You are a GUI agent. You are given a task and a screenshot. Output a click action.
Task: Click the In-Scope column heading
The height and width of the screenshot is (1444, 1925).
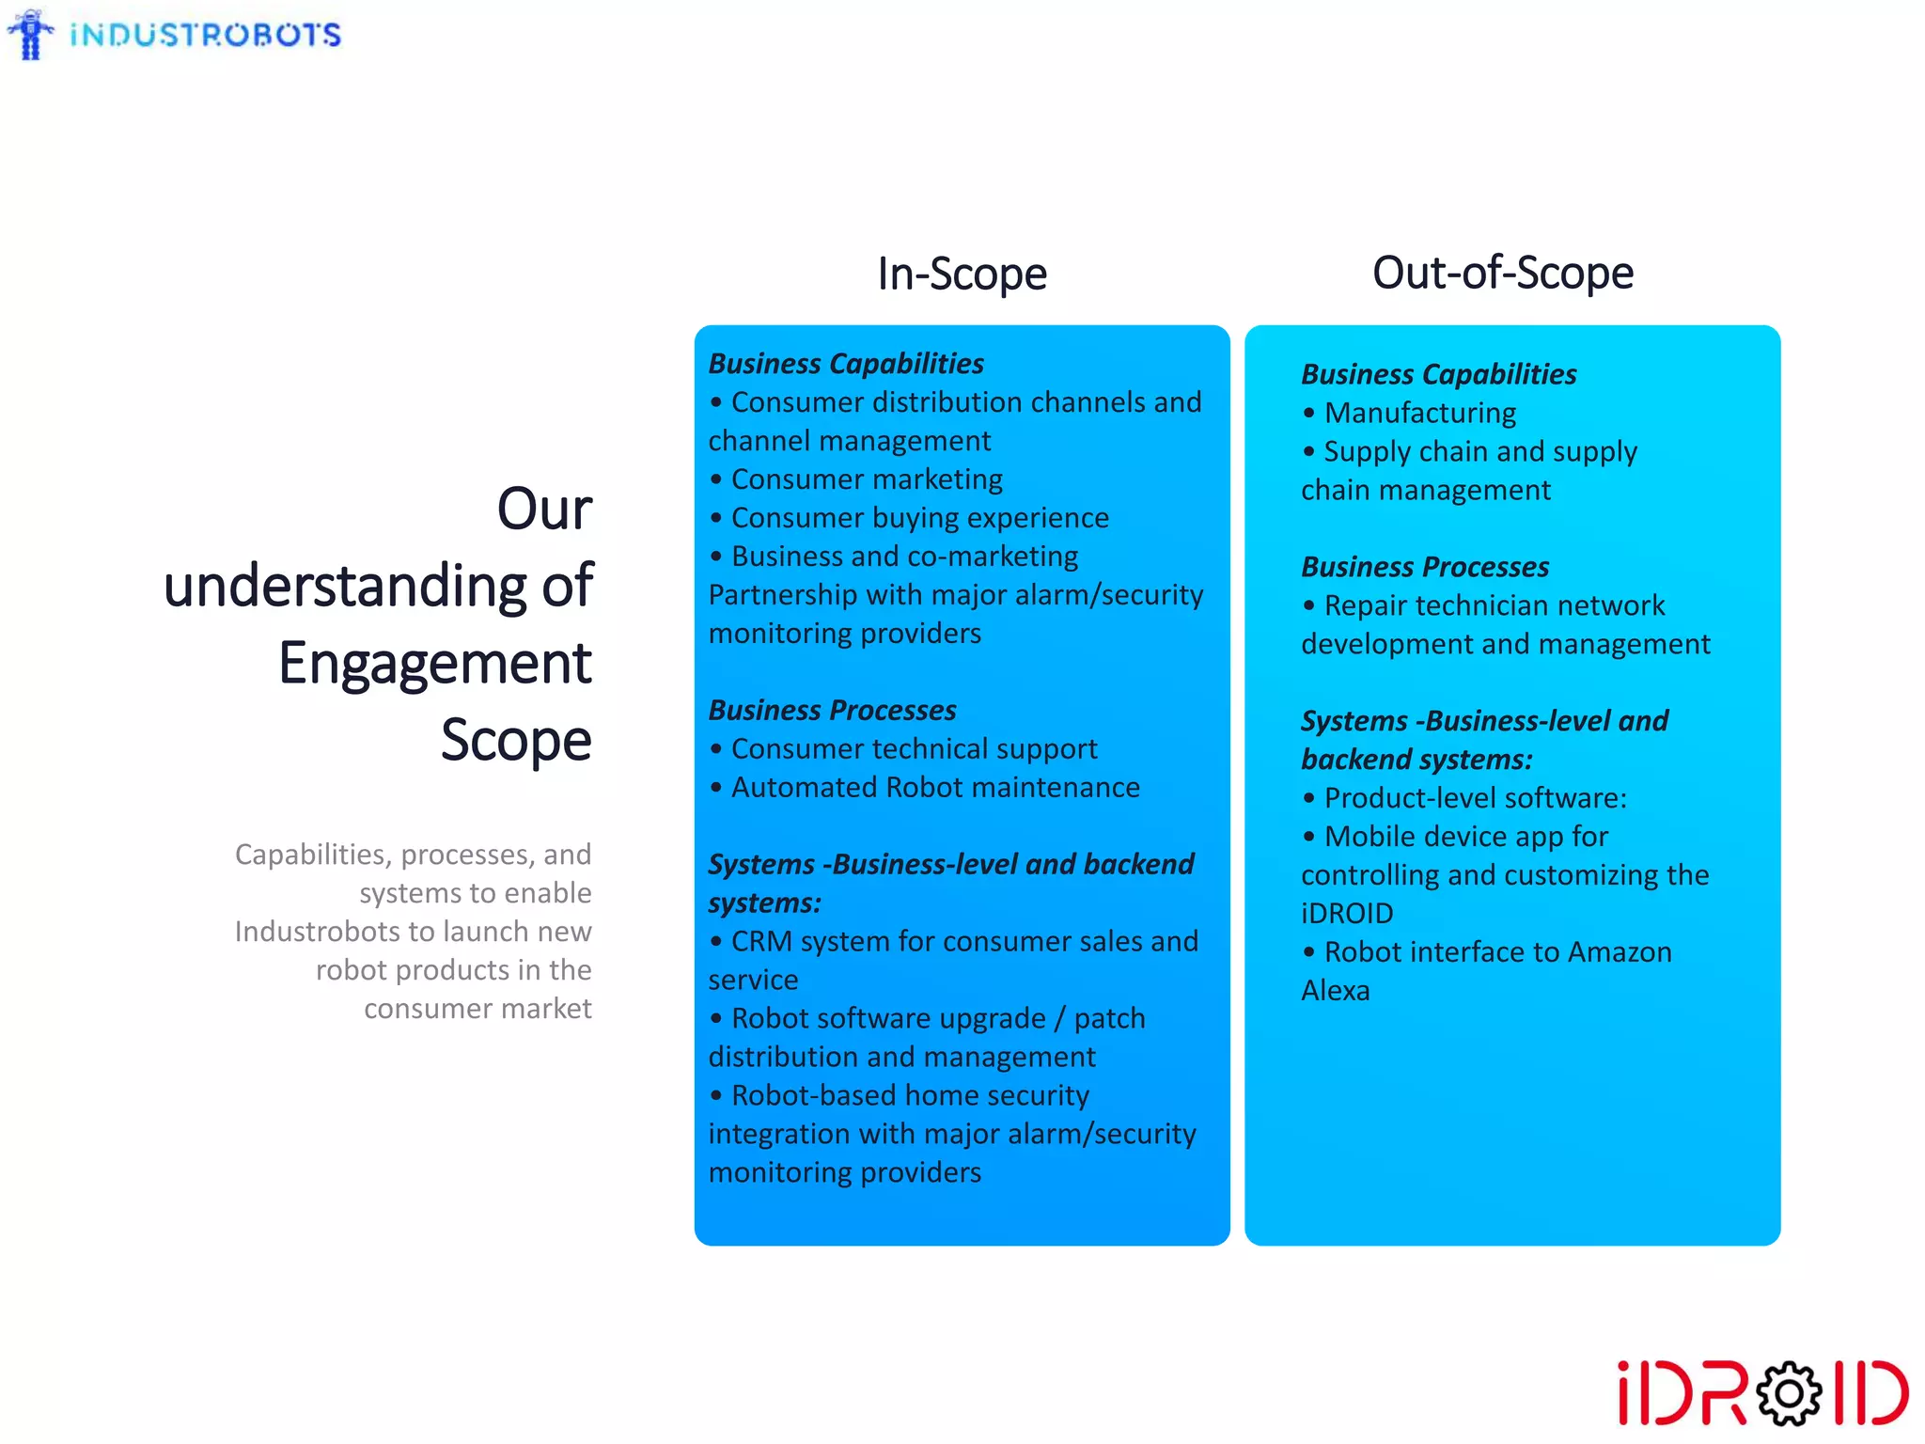(x=962, y=275)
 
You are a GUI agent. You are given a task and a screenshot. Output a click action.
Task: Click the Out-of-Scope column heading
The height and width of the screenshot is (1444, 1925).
(x=1502, y=274)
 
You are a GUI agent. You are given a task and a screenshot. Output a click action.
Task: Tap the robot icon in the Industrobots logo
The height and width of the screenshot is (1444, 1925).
(x=31, y=35)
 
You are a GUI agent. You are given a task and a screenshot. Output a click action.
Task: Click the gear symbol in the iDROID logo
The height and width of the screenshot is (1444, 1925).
(x=1788, y=1393)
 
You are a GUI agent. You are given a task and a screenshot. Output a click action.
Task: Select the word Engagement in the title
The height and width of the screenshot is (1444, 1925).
(x=434, y=663)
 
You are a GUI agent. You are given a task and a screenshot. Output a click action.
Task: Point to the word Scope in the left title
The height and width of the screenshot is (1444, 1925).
(x=516, y=740)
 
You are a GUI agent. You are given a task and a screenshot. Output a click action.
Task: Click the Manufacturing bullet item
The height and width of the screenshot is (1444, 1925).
(x=1419, y=413)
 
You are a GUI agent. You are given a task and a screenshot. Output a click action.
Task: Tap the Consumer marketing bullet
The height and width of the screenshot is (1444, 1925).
(x=866, y=479)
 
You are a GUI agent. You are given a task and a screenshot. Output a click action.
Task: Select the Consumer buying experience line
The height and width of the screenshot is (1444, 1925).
(x=919, y=518)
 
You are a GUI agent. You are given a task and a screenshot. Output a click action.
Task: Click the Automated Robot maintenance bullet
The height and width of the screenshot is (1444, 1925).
(x=934, y=788)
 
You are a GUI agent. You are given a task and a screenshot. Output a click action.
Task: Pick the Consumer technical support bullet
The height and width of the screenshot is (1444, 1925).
(x=914, y=749)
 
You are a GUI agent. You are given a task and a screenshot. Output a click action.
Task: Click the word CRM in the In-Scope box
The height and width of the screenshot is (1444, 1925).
(x=761, y=941)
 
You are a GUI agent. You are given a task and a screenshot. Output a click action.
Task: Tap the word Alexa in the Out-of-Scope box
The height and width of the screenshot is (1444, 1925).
(x=1335, y=991)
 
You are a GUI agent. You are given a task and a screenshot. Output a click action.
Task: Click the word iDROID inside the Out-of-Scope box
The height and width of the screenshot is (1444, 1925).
(x=1347, y=914)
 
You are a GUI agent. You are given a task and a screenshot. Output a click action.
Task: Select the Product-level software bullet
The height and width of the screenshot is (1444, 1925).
(x=1474, y=798)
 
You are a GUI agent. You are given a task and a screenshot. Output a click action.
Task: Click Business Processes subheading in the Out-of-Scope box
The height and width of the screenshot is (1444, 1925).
(x=1424, y=567)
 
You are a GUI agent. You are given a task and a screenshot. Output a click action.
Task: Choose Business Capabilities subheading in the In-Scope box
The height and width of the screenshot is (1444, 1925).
(x=845, y=364)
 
